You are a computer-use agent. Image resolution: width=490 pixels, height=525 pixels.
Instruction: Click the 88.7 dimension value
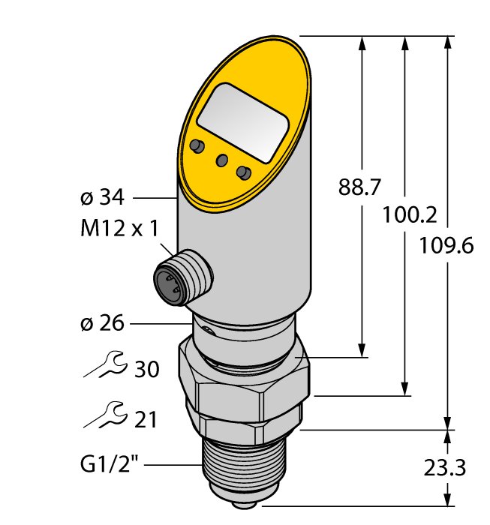[x=359, y=187]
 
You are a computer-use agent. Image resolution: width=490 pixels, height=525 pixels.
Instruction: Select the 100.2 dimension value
[x=409, y=214]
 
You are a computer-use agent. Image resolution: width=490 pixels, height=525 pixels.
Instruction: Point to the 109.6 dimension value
[x=446, y=245]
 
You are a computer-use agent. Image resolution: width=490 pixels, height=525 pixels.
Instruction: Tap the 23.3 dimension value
[x=445, y=467]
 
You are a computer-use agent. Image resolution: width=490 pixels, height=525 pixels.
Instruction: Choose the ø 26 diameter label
[x=102, y=323]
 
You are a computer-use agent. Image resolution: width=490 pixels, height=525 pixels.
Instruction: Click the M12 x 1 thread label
[x=119, y=229]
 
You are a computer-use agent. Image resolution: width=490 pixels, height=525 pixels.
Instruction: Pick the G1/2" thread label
[x=110, y=465]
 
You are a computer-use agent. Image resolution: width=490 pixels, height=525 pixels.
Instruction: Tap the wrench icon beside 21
[x=106, y=415]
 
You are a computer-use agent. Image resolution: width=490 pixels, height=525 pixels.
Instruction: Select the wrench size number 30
[x=146, y=369]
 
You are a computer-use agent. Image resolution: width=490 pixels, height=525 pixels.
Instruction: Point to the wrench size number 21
[x=146, y=419]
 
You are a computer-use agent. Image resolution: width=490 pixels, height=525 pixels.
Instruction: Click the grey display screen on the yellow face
[x=243, y=123]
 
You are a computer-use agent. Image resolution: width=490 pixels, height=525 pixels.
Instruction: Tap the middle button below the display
[x=221, y=160]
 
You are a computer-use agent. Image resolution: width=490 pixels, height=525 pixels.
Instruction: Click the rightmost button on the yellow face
[x=243, y=172]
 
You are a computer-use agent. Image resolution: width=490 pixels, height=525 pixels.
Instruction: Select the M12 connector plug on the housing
[x=183, y=277]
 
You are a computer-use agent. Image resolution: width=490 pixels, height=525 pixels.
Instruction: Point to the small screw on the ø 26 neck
[x=209, y=330]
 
